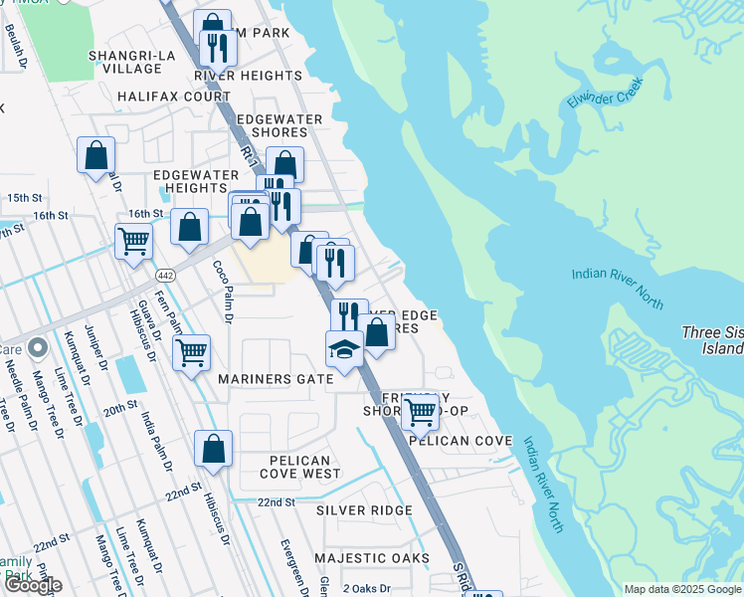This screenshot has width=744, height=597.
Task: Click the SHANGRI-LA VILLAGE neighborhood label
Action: click(125, 62)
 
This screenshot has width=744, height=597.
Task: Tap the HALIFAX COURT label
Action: click(173, 97)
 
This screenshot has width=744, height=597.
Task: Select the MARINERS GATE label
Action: click(275, 379)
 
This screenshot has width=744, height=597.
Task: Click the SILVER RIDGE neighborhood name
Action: click(364, 510)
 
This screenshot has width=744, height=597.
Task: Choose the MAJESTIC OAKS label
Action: click(372, 558)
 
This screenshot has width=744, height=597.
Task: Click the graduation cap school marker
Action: click(344, 349)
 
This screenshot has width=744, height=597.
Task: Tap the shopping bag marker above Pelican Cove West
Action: click(214, 450)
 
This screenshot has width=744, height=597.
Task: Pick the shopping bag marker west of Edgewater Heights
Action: click(96, 155)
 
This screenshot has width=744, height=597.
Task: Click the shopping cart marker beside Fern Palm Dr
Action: click(190, 351)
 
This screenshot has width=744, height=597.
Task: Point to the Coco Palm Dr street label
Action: click(222, 293)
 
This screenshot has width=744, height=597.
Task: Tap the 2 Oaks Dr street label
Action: click(368, 589)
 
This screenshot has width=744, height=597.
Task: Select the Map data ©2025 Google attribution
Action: click(681, 589)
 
